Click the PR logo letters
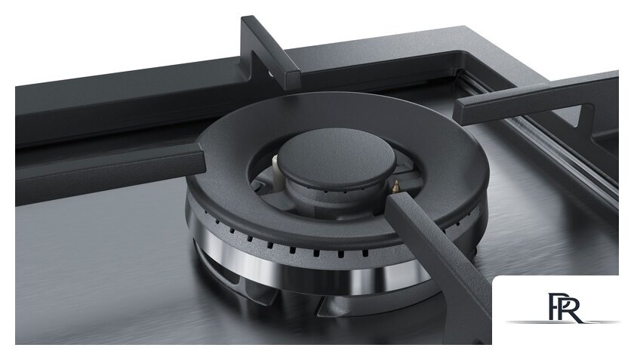(x=565, y=306)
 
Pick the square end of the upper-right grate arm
(x=461, y=112)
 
